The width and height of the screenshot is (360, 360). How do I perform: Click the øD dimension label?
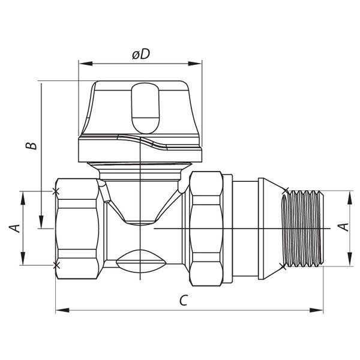[x=141, y=55]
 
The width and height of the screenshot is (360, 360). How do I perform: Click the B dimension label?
[x=31, y=146]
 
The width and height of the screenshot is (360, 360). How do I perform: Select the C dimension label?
[x=184, y=300]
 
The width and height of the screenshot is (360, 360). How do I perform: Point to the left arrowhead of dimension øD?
[x=85, y=64]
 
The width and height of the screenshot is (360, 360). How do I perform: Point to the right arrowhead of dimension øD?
[x=194, y=64]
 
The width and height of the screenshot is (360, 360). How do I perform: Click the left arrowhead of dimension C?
[x=62, y=310]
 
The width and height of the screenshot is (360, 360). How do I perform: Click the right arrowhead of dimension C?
[x=316, y=310]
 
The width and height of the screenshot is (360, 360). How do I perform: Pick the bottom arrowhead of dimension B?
[x=41, y=222]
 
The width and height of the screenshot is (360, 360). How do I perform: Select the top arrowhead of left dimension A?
[x=23, y=198]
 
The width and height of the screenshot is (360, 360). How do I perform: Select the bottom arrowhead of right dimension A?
[x=349, y=259]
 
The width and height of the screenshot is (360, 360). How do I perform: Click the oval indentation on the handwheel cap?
[x=145, y=109]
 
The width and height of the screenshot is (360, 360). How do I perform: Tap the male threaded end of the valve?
[x=302, y=229]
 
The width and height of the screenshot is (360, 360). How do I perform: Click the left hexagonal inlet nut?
[x=77, y=229]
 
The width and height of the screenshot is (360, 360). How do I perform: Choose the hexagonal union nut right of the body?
[x=206, y=229]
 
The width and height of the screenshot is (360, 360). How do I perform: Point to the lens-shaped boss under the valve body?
[x=140, y=261]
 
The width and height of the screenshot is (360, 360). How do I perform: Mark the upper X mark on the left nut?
[x=56, y=191]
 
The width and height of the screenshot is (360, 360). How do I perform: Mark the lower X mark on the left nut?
[x=56, y=265]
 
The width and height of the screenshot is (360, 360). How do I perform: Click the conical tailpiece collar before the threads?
[x=271, y=229]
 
